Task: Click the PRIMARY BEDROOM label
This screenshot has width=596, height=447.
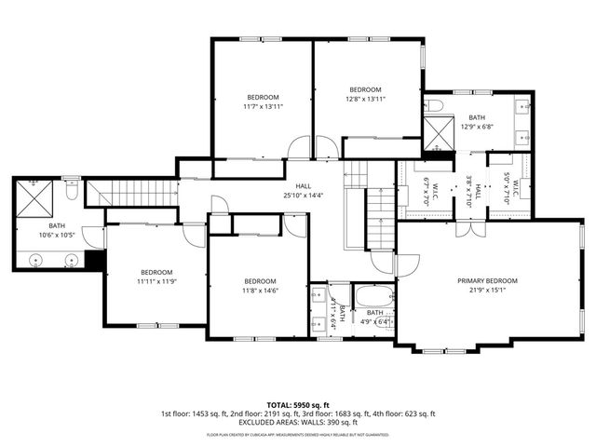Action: point(487,280)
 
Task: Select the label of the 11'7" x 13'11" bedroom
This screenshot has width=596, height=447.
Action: point(263,98)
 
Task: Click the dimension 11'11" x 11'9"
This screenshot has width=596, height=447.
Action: point(156,280)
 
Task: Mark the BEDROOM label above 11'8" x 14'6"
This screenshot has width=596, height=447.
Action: point(260,281)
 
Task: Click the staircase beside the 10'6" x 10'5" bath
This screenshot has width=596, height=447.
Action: point(130,194)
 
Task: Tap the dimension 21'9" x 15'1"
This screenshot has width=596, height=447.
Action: point(487,290)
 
